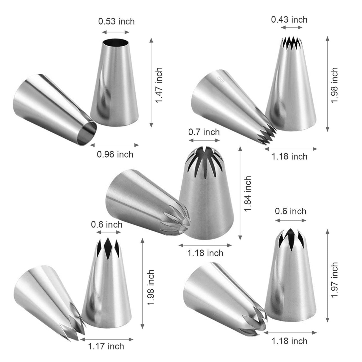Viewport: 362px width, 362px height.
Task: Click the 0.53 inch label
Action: pos(116,21)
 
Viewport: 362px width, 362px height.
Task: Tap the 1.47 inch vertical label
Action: pos(159,85)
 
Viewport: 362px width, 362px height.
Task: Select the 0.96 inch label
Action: pos(115,154)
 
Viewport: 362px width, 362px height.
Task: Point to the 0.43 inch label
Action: pos(289,19)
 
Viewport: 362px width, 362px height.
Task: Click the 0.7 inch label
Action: pos(204,132)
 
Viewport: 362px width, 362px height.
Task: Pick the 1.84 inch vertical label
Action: pos(248,194)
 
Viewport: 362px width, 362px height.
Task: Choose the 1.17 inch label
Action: pos(106,346)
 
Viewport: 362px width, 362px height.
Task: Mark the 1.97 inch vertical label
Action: pos(335,280)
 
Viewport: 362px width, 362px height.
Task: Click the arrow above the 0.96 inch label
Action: pos(114,145)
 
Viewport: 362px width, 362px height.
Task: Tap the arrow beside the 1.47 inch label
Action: pos(151,83)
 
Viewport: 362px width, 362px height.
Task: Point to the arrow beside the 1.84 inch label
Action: pos(240,193)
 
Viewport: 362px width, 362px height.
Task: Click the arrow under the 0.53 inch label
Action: pos(116,32)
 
